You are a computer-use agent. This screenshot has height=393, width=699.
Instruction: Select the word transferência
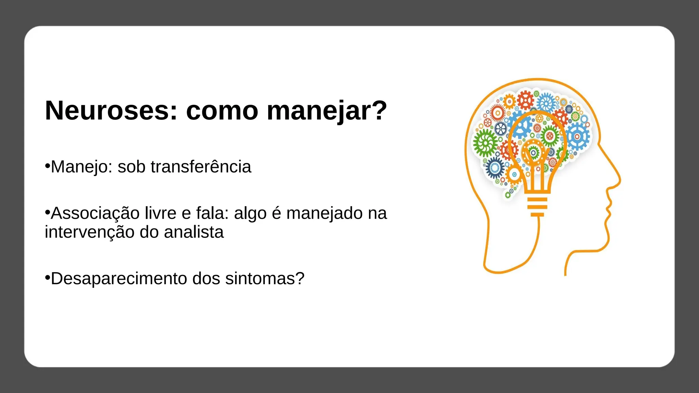(201, 167)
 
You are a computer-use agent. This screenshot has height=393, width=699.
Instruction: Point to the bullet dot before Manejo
(47, 166)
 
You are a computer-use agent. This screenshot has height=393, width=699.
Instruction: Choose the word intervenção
(90, 232)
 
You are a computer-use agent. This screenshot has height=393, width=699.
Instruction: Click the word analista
(194, 232)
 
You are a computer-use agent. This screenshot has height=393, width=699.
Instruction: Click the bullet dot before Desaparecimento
(47, 278)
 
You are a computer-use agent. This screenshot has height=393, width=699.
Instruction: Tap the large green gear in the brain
(485, 143)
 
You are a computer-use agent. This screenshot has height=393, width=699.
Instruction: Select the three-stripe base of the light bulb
(537, 206)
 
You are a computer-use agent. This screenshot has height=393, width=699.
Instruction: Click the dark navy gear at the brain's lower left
(495, 168)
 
